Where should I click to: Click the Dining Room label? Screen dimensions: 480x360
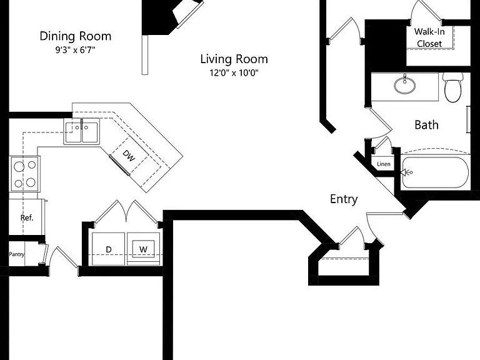[75, 36]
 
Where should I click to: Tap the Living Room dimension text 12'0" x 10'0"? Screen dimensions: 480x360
[234, 73]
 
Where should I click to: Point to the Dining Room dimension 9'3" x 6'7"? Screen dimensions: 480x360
[75, 50]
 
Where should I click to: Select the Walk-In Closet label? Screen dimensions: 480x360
[429, 37]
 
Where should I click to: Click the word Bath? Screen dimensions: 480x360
[426, 125]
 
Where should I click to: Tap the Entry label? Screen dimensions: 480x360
[344, 199]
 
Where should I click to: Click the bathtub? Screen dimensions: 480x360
[435, 172]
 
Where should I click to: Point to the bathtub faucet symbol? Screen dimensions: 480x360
[407, 172]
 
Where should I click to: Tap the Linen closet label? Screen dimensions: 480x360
[384, 164]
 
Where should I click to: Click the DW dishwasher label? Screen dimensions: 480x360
[129, 156]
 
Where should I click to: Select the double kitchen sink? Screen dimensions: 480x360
[82, 132]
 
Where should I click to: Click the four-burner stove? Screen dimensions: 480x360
[25, 174]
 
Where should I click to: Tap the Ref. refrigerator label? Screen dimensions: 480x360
[27, 217]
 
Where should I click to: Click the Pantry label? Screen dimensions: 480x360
[16, 254]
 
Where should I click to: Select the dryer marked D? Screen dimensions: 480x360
[108, 249]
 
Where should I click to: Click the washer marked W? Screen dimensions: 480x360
[143, 249]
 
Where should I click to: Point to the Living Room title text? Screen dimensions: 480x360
[234, 59]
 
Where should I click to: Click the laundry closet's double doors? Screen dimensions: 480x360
[126, 211]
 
